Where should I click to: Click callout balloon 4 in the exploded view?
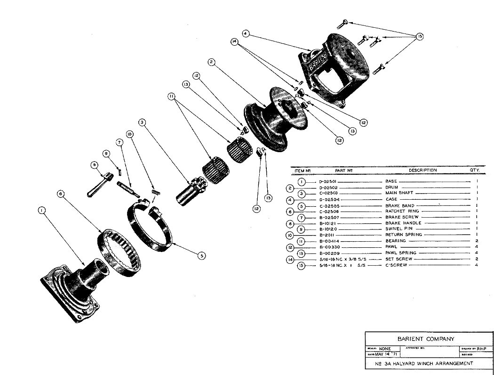[x=246, y=33]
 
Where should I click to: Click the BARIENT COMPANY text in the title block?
[x=426, y=338]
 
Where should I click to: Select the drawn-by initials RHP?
[x=480, y=349]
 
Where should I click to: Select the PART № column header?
[x=344, y=170]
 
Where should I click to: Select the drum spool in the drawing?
[x=278, y=118]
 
